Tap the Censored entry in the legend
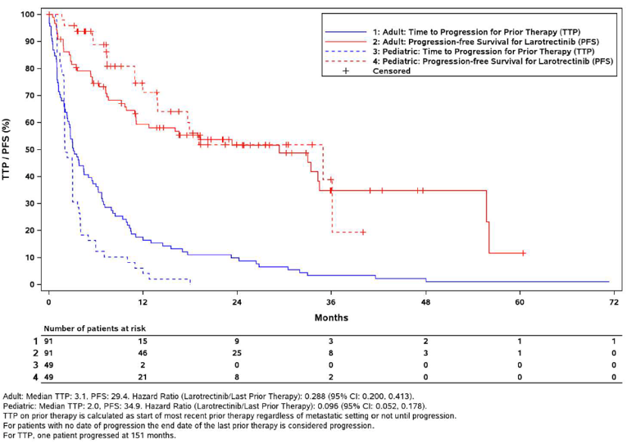[x=391, y=71]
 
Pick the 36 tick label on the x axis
[x=331, y=302]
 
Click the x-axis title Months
[x=330, y=317]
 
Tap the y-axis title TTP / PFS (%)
[x=8, y=149]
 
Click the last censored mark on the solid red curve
[x=523, y=253]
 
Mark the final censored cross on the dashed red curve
[x=362, y=232]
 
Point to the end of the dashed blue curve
[x=190, y=282]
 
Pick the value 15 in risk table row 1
[x=143, y=339]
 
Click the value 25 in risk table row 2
[x=237, y=351]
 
